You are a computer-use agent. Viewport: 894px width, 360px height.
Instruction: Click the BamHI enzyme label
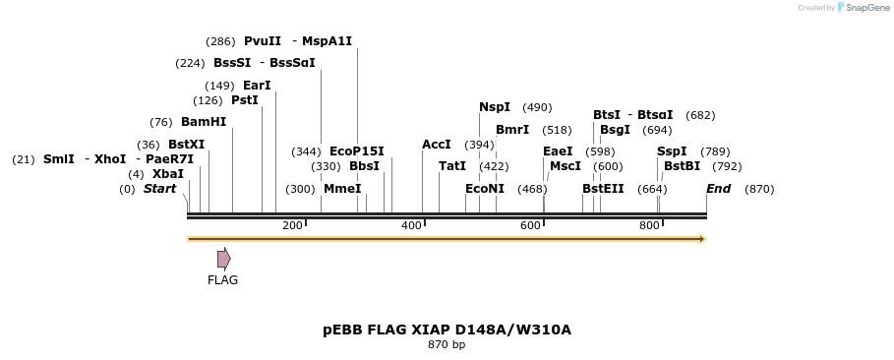click(204, 122)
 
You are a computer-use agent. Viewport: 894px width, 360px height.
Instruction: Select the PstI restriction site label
click(245, 100)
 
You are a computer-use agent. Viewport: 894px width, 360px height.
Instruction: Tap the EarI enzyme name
click(257, 86)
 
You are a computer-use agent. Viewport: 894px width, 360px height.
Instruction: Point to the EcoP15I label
click(357, 151)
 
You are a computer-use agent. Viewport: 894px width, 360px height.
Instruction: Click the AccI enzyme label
click(436, 145)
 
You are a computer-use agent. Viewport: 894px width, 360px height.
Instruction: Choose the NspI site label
click(495, 107)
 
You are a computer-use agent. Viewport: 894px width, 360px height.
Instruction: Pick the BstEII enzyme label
click(603, 189)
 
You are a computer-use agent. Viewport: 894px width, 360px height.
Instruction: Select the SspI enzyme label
click(672, 151)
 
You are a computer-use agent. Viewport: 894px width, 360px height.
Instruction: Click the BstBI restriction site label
click(682, 166)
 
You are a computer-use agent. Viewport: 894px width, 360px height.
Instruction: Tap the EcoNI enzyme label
click(485, 189)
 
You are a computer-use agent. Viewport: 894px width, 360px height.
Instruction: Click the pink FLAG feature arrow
click(223, 259)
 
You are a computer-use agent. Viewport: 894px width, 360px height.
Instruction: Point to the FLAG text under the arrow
click(222, 280)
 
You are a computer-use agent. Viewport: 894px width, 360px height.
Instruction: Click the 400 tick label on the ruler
click(411, 226)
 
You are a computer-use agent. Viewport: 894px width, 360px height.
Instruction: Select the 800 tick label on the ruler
click(649, 226)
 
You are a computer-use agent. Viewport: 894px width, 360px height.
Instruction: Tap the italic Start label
click(159, 189)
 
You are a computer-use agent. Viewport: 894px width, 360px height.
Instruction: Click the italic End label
click(719, 189)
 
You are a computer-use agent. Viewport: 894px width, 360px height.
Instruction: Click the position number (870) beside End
click(759, 189)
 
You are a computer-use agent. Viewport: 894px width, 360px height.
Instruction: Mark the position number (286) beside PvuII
click(220, 41)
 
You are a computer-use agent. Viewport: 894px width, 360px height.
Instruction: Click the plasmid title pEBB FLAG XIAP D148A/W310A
click(447, 330)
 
